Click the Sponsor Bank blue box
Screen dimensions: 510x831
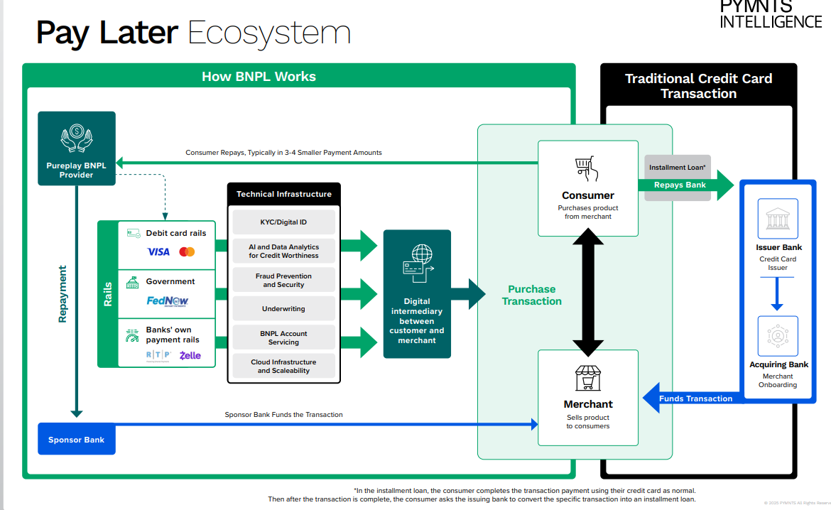76,440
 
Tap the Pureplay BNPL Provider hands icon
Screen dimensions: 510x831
76,138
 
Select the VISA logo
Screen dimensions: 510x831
158,252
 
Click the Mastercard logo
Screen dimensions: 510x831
187,252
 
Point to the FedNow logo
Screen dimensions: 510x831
168,300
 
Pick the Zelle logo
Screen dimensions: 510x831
190,355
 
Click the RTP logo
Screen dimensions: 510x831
158,355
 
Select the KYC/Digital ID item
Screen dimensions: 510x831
283,222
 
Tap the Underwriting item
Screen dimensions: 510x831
283,309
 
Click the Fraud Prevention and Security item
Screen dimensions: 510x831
283,281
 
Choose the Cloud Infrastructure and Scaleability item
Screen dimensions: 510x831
283,366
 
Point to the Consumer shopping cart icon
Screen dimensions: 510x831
587,168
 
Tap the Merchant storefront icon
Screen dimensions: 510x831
587,378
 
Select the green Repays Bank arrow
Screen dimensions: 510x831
685,185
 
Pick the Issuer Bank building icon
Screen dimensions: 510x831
778,219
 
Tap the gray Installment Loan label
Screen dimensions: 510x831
677,168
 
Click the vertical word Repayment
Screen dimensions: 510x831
63,294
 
